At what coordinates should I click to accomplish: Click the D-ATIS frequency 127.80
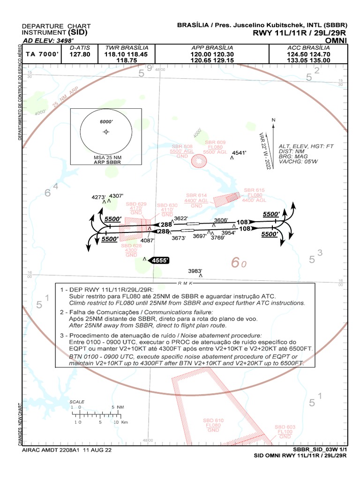[79, 54]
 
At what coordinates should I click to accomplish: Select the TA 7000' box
[42, 54]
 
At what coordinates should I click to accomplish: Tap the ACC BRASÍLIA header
[309, 48]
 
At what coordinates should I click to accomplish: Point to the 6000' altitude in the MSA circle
[107, 121]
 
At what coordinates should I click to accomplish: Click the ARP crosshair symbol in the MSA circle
[106, 132]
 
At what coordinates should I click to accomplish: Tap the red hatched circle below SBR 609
[199, 161]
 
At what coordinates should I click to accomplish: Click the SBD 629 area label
[136, 204]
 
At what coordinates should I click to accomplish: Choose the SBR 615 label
[254, 190]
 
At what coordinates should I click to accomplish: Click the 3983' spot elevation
[195, 271]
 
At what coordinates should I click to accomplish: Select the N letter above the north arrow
[273, 120]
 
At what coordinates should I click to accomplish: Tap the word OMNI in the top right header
[337, 40]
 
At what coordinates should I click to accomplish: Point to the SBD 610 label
[213, 420]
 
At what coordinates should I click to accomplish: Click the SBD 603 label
[285, 427]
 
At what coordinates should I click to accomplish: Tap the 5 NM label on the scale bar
[117, 407]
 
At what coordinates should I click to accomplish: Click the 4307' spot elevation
[116, 195]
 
